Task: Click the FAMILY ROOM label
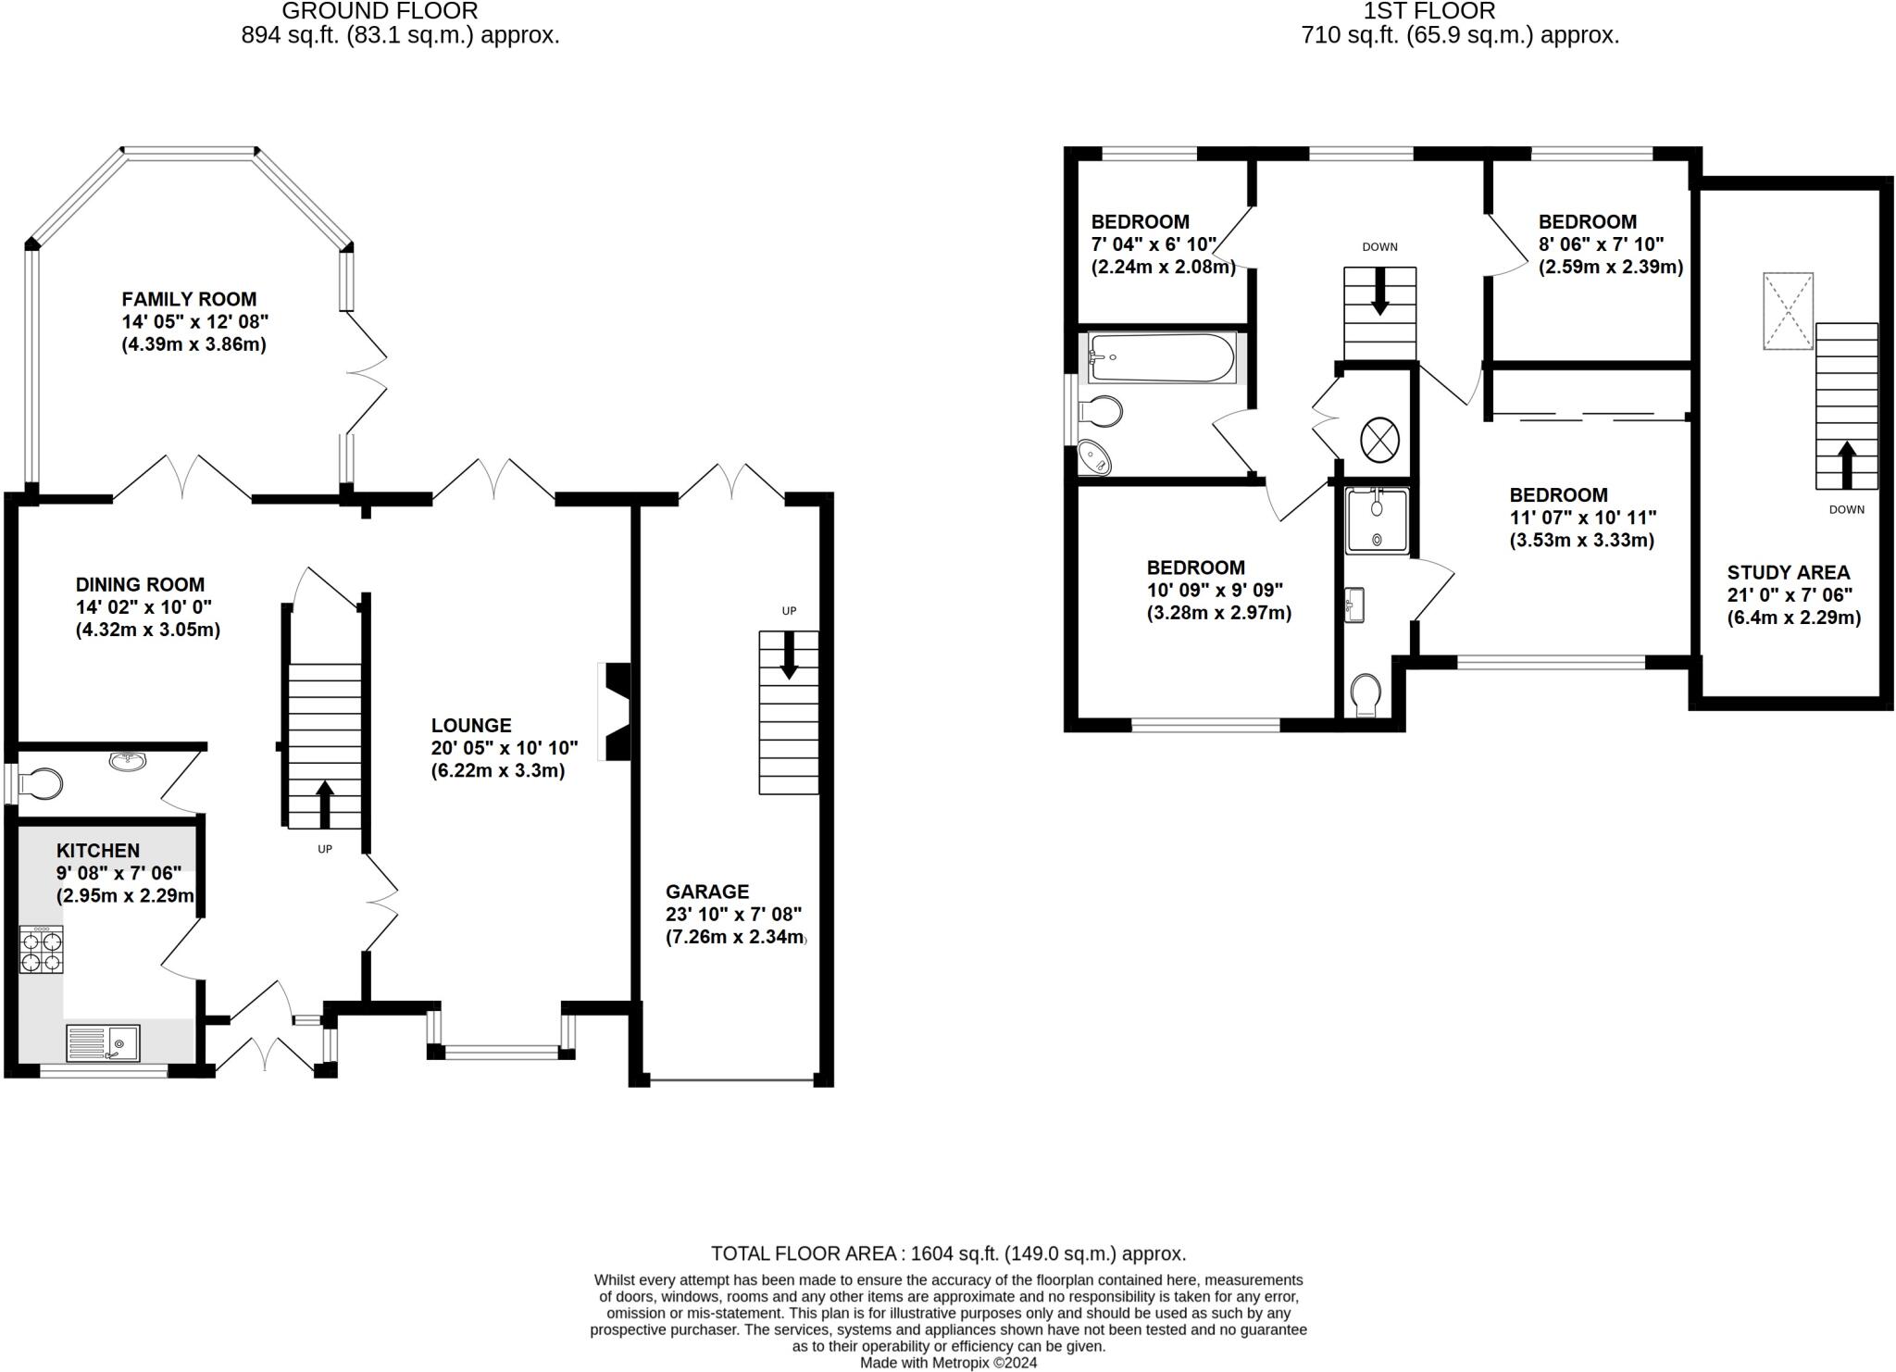[189, 299]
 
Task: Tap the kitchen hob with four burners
[42, 951]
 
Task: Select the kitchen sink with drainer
[103, 1043]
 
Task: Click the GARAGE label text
[707, 892]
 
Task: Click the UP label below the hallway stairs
[325, 849]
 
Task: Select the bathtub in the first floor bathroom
[1161, 357]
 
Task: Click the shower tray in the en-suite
[1377, 520]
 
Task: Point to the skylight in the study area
[1788, 311]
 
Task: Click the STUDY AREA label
[1788, 573]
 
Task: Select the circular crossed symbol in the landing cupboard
[1378, 439]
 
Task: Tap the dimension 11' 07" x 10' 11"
[1582, 518]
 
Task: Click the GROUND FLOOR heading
[380, 11]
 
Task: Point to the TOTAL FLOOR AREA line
[948, 1254]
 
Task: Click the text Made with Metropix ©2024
[948, 1363]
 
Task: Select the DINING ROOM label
[140, 584]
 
